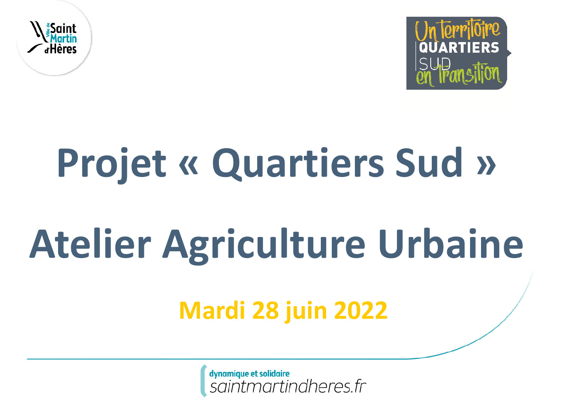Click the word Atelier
[91, 243]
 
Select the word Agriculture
[264, 245]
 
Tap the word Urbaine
[450, 243]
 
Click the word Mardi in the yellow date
[212, 310]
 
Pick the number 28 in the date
[266, 310]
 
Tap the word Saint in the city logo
[63, 29]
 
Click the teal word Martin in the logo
[63, 39]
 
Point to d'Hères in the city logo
[61, 49]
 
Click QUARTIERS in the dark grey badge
[459, 48]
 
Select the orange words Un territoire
[458, 31]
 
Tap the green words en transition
[459, 75]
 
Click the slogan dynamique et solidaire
[249, 374]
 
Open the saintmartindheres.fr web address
[288, 387]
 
